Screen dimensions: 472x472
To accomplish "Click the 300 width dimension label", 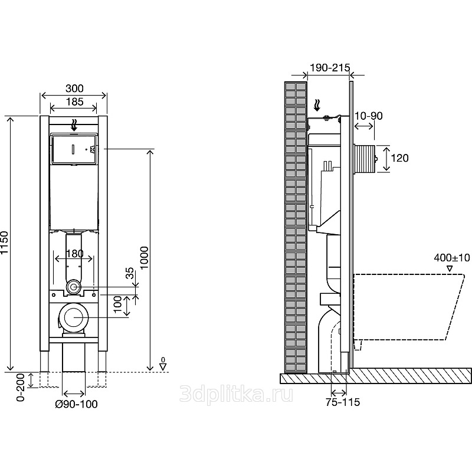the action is point(74,88).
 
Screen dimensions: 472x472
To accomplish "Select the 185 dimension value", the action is point(74,101).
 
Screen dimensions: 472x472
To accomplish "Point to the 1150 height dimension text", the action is point(5,242).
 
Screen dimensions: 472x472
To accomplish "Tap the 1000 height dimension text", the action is point(144,258).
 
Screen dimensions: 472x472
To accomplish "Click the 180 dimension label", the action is point(74,254).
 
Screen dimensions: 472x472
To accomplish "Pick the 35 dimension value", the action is point(129,273).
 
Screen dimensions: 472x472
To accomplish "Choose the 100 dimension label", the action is point(117,304).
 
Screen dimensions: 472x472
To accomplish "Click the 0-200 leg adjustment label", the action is point(21,388).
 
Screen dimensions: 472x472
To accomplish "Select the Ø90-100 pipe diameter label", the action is point(77,404).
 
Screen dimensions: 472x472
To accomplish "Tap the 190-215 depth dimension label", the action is point(330,68).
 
